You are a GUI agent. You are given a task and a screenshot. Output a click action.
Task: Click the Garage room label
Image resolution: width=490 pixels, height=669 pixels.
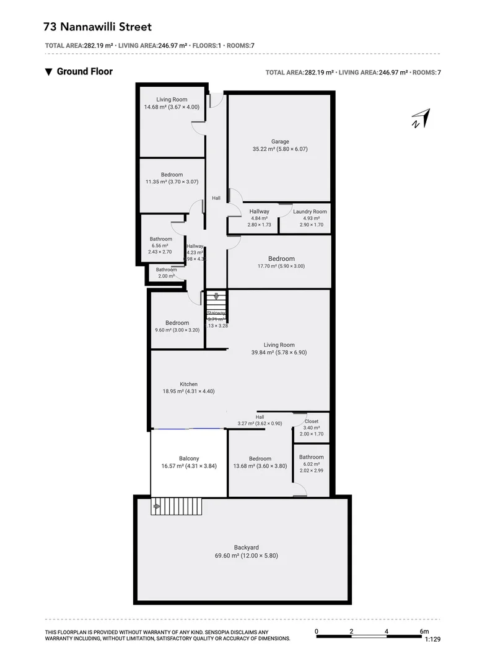(279, 141)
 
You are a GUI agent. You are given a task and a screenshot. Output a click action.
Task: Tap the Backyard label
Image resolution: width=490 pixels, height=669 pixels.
(246, 547)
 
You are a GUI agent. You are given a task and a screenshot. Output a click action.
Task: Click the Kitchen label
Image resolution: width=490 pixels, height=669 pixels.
(188, 384)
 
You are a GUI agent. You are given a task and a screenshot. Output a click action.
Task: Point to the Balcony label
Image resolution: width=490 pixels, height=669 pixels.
(188, 458)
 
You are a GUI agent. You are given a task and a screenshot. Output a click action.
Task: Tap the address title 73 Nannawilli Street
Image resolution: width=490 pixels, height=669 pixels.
(98, 27)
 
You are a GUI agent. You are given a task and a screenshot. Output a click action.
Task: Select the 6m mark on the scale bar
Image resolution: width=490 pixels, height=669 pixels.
(424, 631)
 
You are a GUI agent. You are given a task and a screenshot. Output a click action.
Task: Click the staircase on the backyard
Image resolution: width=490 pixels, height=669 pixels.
(177, 507)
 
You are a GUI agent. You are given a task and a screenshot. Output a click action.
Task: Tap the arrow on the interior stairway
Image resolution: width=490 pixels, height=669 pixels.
(216, 297)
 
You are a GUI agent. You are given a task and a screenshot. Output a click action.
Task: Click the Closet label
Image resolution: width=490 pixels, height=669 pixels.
(312, 421)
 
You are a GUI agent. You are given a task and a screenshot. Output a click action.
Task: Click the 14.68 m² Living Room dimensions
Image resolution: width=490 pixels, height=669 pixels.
(172, 107)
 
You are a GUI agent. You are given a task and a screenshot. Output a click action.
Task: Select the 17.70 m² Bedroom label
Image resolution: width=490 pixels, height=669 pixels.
(281, 258)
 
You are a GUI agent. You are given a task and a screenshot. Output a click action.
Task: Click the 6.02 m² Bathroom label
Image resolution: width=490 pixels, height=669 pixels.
(311, 457)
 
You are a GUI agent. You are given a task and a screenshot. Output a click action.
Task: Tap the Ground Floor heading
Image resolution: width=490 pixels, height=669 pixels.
(84, 71)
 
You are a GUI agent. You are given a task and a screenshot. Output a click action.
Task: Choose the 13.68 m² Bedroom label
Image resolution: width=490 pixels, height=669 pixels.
(260, 458)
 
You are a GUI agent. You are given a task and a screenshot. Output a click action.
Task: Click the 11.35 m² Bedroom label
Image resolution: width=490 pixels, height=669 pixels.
(172, 175)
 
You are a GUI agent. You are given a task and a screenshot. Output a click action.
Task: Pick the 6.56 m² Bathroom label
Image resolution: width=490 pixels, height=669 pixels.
(160, 239)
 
